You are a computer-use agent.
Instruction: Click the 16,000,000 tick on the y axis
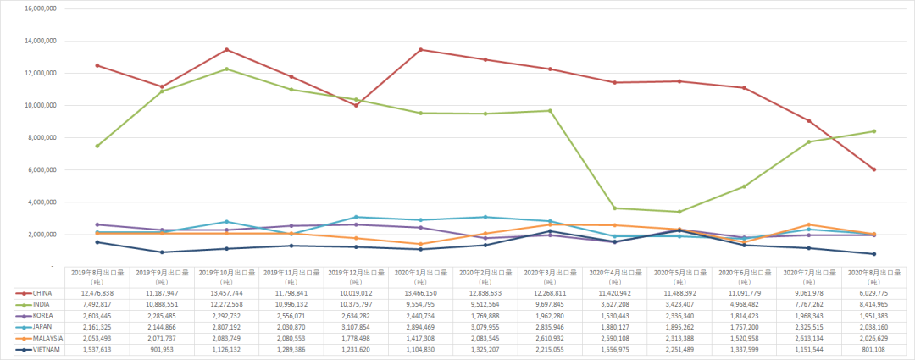[38, 8]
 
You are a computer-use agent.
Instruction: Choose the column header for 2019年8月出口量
[97, 276]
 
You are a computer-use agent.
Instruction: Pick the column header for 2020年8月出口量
[873, 276]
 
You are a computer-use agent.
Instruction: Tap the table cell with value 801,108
[873, 348]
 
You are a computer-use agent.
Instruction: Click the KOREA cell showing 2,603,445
[97, 314]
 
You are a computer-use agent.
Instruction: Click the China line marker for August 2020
[873, 169]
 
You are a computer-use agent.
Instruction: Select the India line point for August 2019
[97, 146]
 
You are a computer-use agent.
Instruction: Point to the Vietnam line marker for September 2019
[163, 252]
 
